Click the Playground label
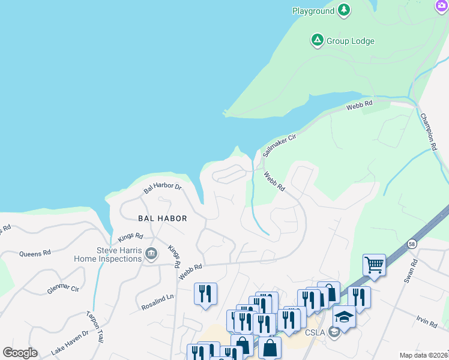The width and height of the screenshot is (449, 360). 313,11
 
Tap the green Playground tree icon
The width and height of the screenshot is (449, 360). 344,10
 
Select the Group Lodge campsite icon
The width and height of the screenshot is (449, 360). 317,41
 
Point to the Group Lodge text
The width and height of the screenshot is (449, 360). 351,41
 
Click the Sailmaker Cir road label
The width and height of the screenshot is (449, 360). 280,145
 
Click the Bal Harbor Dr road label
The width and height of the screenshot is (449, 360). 162,188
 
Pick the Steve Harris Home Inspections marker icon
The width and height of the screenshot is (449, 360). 151,254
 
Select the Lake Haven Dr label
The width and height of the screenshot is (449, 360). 70,341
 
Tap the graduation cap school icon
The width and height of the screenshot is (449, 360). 344,316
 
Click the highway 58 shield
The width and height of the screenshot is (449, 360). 411,244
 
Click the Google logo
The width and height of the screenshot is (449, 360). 20,353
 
